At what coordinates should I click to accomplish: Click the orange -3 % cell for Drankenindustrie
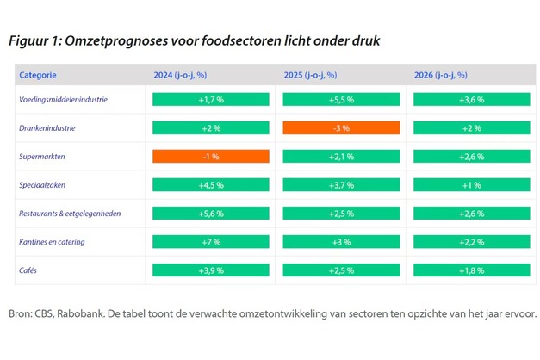341,128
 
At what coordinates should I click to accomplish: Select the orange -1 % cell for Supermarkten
210,157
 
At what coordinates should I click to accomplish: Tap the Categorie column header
39,75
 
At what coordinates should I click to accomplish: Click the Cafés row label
29,270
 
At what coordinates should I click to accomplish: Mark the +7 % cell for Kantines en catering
210,242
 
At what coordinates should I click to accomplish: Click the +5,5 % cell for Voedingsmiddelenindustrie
341,100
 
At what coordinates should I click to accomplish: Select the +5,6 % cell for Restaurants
210,214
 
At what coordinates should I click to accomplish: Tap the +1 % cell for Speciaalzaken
472,185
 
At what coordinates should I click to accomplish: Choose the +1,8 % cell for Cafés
472,270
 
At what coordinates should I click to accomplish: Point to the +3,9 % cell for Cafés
210,270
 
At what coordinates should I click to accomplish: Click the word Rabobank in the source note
81,313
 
